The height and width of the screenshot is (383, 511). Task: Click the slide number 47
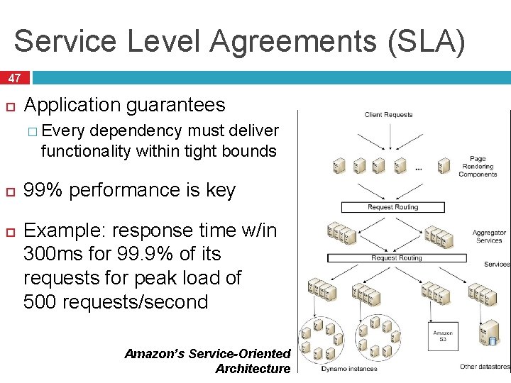pyautogui.click(x=14, y=78)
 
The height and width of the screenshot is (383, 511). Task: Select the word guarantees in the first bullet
pyautogui.click(x=176, y=106)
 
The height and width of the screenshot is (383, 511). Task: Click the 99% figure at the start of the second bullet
pyautogui.click(x=40, y=191)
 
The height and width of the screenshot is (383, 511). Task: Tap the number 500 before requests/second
pyautogui.click(x=40, y=302)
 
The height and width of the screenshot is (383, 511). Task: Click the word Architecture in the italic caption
pyautogui.click(x=253, y=368)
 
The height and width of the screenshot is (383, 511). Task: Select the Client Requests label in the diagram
pyautogui.click(x=388, y=115)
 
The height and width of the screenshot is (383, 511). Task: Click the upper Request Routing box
pyautogui.click(x=392, y=208)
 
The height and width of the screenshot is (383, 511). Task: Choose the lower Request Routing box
pyautogui.click(x=395, y=258)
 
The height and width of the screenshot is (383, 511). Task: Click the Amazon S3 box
pyautogui.click(x=443, y=336)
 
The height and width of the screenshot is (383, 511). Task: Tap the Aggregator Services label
pyautogui.click(x=490, y=236)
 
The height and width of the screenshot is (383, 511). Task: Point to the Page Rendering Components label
pyautogui.click(x=478, y=167)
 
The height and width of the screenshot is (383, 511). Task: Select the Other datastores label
pyautogui.click(x=485, y=367)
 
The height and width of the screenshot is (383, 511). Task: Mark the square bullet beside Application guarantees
pyautogui.click(x=10, y=106)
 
